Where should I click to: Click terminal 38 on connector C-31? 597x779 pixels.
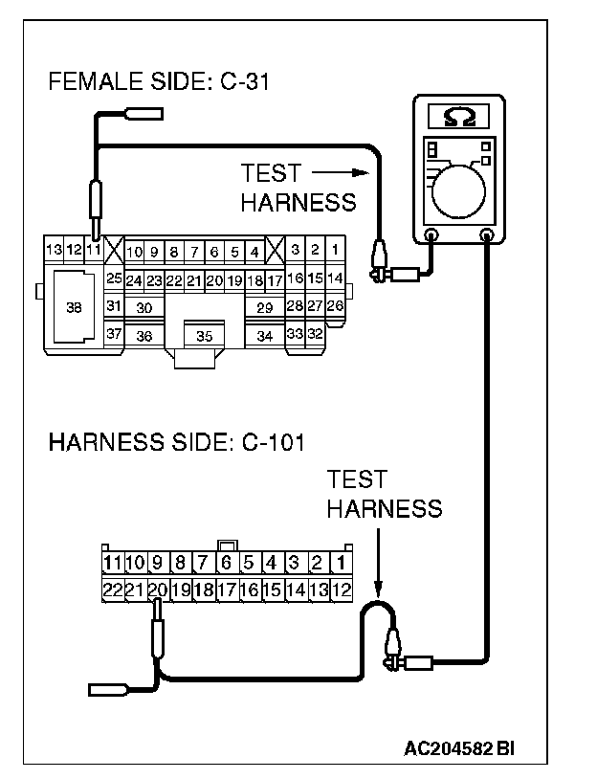pyautogui.click(x=74, y=307)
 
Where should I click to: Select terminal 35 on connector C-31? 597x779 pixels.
pyautogui.click(x=204, y=336)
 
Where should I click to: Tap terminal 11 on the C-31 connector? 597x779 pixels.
pyautogui.click(x=94, y=251)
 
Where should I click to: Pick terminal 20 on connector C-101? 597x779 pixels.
pyautogui.click(x=158, y=590)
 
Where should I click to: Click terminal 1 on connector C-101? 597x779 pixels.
pyautogui.click(x=342, y=563)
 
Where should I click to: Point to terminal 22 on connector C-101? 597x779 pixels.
pyautogui.click(x=112, y=590)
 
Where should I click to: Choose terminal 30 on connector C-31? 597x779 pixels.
pyautogui.click(x=144, y=307)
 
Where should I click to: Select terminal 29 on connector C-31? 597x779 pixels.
pyautogui.click(x=265, y=307)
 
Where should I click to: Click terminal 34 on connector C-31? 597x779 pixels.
pyautogui.click(x=265, y=336)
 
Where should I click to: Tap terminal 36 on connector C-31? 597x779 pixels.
pyautogui.click(x=144, y=336)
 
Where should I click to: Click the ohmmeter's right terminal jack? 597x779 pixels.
pyautogui.click(x=487, y=234)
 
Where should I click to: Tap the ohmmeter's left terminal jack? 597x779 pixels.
pyautogui.click(x=431, y=234)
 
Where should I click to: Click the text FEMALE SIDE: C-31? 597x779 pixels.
pyautogui.click(x=159, y=82)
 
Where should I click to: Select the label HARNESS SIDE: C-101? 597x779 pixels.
pyautogui.click(x=176, y=442)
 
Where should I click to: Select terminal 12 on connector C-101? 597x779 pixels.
pyautogui.click(x=342, y=590)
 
